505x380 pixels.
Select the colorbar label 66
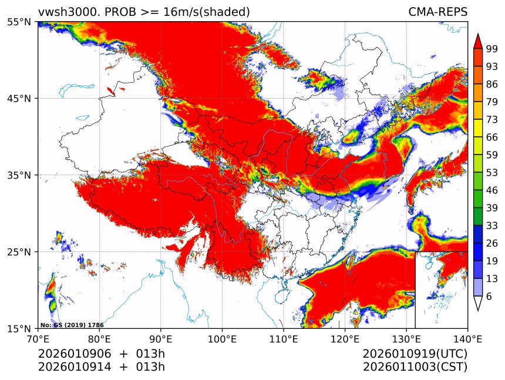(492, 137)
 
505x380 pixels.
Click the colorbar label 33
(492, 226)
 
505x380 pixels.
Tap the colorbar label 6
(489, 296)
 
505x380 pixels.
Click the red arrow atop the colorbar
(477, 41)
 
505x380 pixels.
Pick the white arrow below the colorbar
(477, 303)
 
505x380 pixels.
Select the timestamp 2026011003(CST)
(415, 367)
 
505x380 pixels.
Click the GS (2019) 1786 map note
(63, 325)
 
